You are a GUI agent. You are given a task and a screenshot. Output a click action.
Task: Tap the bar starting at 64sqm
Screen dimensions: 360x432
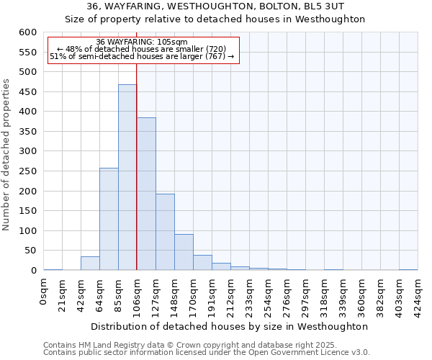tap(109, 219)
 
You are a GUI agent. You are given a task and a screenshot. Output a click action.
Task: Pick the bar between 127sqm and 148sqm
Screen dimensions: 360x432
tap(165, 232)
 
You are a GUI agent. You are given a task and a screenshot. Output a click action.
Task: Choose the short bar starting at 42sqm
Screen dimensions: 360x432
tap(90, 264)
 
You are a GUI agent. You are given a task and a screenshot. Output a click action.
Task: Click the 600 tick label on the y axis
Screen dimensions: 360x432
tap(27, 32)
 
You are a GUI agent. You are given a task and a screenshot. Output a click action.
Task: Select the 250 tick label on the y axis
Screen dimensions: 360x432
tap(27, 171)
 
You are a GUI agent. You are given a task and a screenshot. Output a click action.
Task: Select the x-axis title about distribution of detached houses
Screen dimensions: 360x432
tap(230, 326)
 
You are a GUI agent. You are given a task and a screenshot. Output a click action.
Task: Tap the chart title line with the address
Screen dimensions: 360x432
tap(215, 6)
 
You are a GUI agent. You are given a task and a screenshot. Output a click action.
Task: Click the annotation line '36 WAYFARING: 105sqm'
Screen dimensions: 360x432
tap(142, 42)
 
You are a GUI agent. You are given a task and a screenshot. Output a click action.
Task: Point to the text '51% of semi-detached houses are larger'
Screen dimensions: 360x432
tap(142, 56)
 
